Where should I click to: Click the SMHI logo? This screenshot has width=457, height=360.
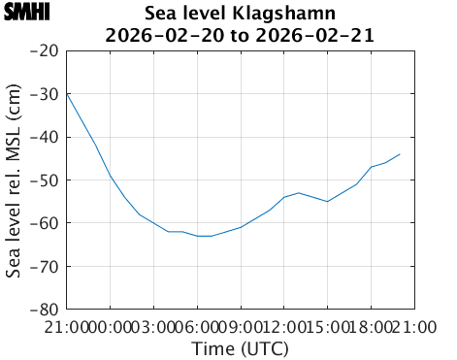tap(26, 13)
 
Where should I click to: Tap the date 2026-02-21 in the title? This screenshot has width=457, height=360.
tap(321, 36)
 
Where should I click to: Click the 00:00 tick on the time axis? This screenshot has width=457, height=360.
tap(111, 327)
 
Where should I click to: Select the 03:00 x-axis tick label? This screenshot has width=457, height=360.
tap(154, 327)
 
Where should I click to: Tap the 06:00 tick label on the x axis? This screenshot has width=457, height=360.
tap(197, 327)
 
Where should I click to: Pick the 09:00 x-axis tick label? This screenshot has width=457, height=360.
tap(241, 327)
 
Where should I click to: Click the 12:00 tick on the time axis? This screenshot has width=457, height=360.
tap(283, 327)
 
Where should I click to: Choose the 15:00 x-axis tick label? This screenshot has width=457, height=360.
tap(327, 327)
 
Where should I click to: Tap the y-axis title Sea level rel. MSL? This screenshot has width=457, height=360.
tap(14, 180)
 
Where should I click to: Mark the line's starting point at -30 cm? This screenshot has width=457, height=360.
tap(68, 94)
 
